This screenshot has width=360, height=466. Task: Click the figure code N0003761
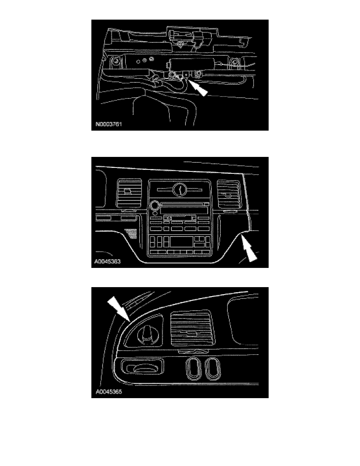tap(109, 124)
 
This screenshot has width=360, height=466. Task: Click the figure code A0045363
tap(107, 262)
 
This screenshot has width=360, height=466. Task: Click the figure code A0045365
tap(109, 392)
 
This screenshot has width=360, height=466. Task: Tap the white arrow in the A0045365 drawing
tap(118, 309)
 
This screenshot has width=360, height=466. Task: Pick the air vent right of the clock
tap(228, 194)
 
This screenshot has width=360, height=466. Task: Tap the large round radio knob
tap(155, 205)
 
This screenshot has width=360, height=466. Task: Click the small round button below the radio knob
tap(155, 213)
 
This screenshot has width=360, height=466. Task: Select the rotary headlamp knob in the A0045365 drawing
tap(145, 333)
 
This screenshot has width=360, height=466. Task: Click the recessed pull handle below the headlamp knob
tap(143, 368)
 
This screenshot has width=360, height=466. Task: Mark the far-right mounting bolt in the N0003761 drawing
tap(235, 62)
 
